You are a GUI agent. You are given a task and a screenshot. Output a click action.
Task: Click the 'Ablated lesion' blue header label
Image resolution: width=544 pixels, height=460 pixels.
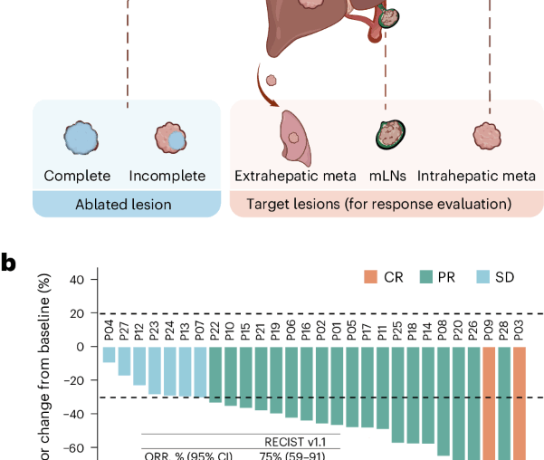(127, 205)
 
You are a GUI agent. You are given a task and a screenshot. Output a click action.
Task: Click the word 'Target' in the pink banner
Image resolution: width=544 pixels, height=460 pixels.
(268, 205)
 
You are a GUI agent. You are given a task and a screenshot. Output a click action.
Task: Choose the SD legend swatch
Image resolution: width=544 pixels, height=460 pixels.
(482, 278)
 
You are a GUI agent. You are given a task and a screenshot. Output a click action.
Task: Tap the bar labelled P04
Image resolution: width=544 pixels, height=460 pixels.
(109, 354)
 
